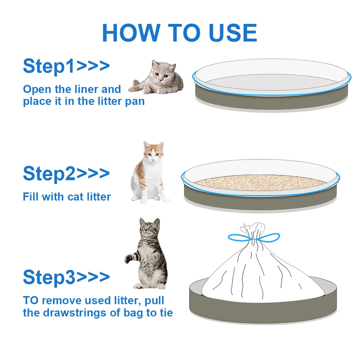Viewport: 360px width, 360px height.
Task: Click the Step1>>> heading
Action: pos(66,66)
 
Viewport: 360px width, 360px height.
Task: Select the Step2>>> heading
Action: pos(66,174)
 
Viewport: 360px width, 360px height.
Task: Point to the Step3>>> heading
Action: pos(66,277)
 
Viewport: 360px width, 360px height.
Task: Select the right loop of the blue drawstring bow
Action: pos(269,237)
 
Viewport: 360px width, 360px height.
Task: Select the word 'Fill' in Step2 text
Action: pos(31,197)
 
